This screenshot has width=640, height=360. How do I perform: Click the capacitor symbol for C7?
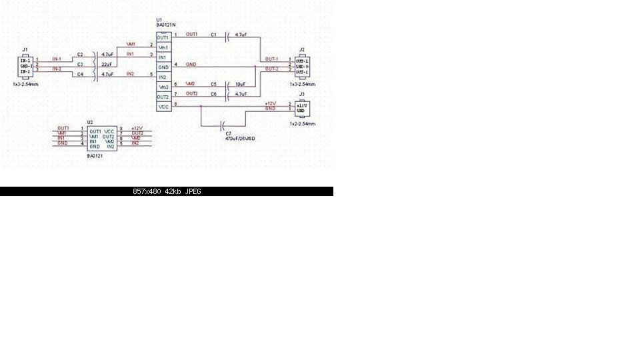coord(224,124)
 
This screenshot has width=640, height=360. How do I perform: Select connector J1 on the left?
coord(25,65)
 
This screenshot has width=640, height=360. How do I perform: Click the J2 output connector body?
coord(301,65)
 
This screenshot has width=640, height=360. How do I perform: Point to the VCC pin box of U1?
coord(163,107)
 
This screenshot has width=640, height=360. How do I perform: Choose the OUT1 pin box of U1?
coord(163,37)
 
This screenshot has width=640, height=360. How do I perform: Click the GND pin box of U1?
coord(163,67)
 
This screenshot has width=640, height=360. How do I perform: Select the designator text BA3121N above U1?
coord(165,25)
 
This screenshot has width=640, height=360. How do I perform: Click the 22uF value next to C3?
coord(105,65)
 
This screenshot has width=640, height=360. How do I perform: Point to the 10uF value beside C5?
coord(241,85)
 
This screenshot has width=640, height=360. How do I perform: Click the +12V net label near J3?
coord(270,104)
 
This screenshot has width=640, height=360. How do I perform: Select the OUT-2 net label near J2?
coord(271,69)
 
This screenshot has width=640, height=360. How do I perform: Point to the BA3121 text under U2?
coord(95,155)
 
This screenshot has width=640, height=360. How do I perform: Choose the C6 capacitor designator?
coord(213,94)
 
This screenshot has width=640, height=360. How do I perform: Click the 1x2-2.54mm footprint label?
coord(303,124)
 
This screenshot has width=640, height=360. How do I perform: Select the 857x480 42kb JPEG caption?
coord(167,191)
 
